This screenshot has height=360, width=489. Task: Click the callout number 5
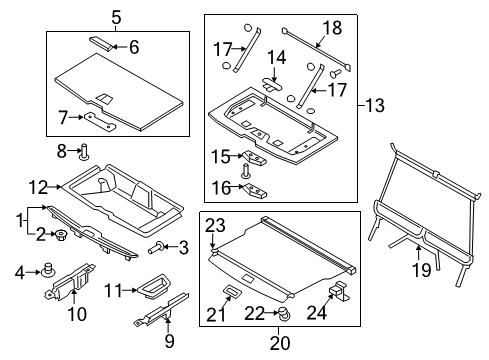[116, 17]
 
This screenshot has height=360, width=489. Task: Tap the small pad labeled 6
[100, 43]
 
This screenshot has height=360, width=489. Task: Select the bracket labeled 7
[99, 120]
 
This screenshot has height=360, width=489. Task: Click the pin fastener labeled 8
[84, 152]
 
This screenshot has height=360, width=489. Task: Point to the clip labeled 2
[62, 235]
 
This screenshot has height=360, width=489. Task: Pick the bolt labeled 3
[155, 247]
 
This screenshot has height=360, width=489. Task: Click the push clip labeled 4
[49, 270]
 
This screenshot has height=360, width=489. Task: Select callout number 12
[39, 187]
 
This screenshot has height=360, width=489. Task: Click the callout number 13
[375, 105]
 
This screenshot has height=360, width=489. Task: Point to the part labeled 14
[272, 85]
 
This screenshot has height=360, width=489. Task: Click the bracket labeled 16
[255, 191]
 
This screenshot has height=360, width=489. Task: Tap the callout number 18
[332, 28]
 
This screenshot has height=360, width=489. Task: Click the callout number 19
[422, 270]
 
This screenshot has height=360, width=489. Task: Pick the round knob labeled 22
[284, 314]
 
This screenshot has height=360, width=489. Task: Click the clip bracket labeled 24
[339, 290]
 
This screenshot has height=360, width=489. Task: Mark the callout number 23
[215, 226]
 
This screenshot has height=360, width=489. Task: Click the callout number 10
[77, 314]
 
